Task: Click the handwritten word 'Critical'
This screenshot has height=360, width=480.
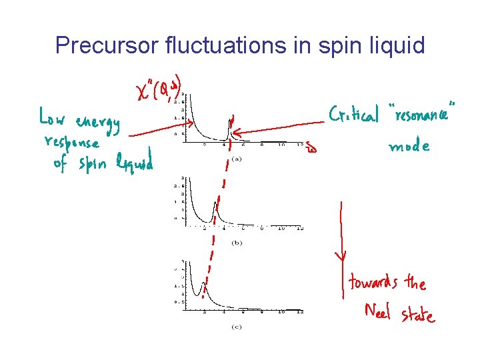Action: click(353, 114)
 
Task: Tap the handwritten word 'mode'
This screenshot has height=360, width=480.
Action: click(409, 147)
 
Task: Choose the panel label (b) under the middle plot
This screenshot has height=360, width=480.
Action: click(236, 243)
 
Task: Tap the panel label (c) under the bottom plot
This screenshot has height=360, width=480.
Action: click(236, 327)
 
